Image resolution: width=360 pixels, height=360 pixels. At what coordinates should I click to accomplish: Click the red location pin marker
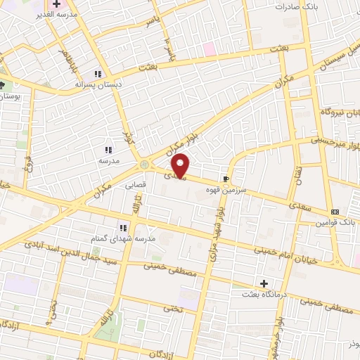(x=181, y=165)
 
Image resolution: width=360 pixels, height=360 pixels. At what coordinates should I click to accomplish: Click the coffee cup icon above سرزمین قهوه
(x=226, y=179)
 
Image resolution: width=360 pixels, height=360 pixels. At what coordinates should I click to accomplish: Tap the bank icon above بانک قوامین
(x=335, y=212)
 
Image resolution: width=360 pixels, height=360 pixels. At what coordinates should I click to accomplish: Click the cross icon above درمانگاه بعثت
(x=264, y=284)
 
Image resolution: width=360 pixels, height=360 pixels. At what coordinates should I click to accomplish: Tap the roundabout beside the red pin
(x=145, y=164)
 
